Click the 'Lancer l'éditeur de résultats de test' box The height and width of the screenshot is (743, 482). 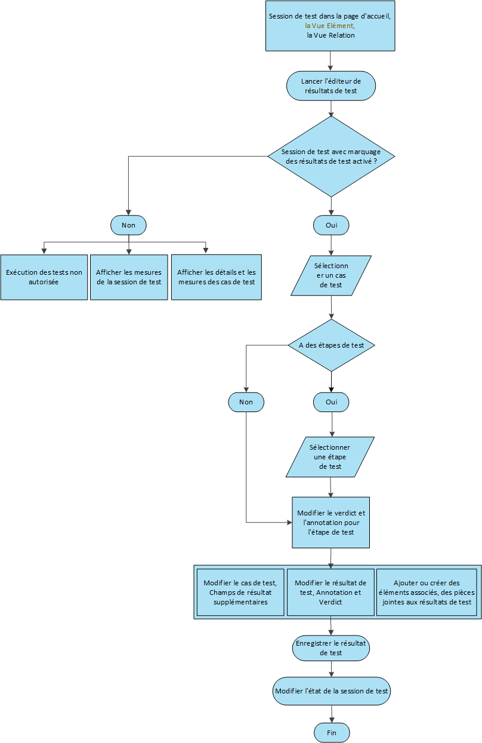(331, 86)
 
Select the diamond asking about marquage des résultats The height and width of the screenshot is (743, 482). (331, 156)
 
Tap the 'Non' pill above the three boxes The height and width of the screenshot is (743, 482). (128, 225)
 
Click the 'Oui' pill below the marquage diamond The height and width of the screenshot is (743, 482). (331, 225)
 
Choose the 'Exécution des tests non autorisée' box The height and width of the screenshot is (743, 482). (44, 277)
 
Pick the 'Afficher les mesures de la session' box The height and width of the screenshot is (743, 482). (129, 277)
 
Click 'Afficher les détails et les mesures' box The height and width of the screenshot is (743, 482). (217, 277)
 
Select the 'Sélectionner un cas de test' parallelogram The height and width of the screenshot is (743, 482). (331, 275)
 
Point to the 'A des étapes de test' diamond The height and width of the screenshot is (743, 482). (331, 345)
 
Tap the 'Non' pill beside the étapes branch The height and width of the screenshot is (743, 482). (246, 402)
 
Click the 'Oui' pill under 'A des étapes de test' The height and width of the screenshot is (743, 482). (331, 402)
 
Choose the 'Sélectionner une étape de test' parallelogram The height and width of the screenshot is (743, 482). (330, 457)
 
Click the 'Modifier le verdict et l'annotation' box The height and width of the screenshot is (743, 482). (330, 523)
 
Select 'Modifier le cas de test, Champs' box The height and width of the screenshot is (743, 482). (240, 592)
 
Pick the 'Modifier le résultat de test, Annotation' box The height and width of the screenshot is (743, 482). (330, 592)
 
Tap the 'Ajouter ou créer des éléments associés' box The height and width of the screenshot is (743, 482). (427, 592)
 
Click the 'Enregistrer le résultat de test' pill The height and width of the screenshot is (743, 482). (330, 648)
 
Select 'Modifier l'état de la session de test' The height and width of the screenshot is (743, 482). (331, 691)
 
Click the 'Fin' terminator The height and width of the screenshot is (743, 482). (332, 733)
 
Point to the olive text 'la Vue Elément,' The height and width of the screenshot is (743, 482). (330, 26)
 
